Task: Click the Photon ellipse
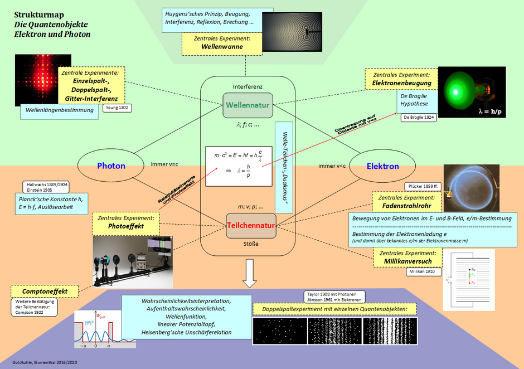[111, 166]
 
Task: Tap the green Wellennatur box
[248, 105]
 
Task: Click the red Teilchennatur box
[251, 226]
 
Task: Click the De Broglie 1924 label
[418, 118]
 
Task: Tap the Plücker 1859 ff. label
[423, 186]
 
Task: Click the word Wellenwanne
[222, 47]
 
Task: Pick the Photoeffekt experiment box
[125, 223]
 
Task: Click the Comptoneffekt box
[45, 291]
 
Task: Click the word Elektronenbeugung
[401, 83]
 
